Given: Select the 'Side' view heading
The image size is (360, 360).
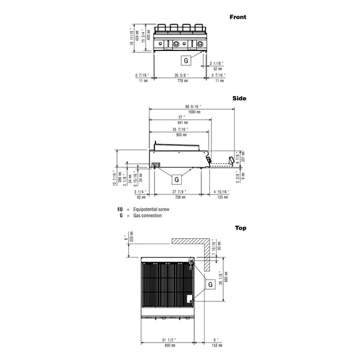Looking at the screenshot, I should tap(239, 98).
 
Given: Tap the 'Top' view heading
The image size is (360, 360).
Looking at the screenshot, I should tap(240, 228).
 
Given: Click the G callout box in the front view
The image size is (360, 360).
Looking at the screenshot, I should tap(186, 61).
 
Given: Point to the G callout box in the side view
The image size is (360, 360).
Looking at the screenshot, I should tap(177, 179).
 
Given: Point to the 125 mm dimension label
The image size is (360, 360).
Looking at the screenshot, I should tap(223, 196).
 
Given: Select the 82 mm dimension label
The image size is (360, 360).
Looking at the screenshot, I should tap(140, 196).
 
